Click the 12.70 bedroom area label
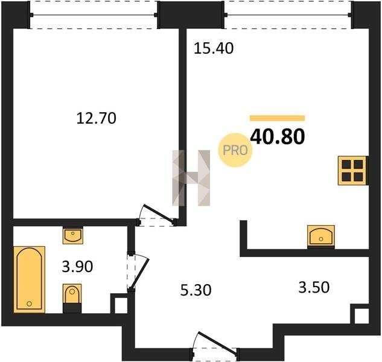pos(96,118)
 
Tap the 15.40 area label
pos(214,48)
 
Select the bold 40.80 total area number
pos(278,137)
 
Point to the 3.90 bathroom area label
pos(77,266)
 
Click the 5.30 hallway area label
pos(196,290)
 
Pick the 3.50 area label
pos(314,287)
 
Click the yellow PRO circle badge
pos(235,150)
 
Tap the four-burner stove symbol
pos(352,171)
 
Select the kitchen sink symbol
pos(321,236)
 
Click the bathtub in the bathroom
pos(29,279)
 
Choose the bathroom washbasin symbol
pos(73,235)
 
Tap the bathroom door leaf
pos(140,273)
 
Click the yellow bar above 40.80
pos(277,118)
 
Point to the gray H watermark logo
pos(191,178)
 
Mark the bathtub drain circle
pos(29,303)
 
